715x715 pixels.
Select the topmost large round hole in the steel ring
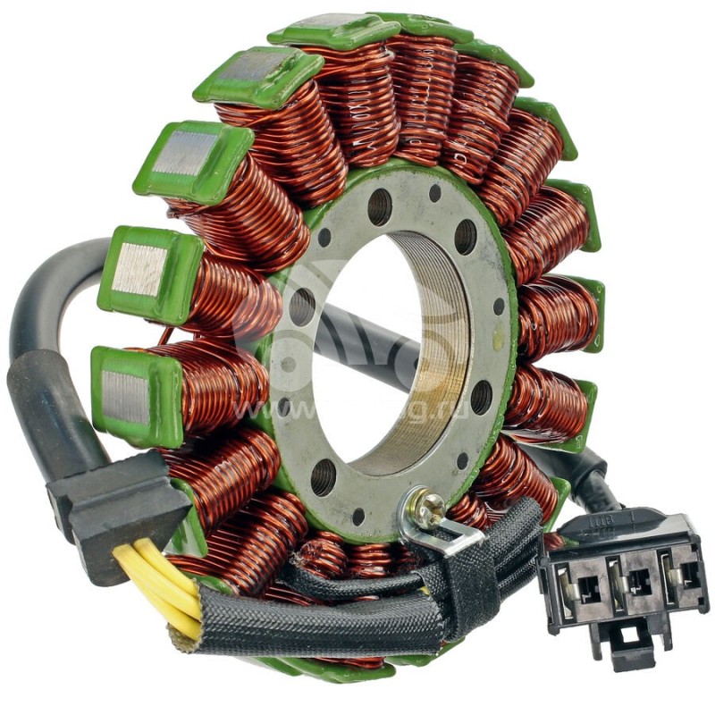pyautogui.click(x=380, y=206)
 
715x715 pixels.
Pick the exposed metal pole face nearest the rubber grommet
pyautogui.click(x=126, y=393)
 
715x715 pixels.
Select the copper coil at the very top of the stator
pyautogui.click(x=420, y=89)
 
